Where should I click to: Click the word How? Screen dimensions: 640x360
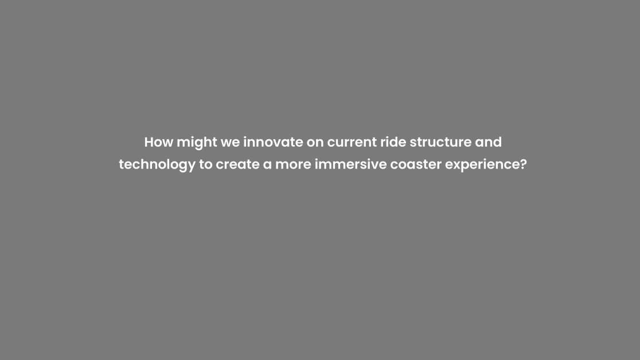(159, 142)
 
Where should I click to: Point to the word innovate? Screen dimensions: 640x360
(274, 142)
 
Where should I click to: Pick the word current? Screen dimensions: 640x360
(352, 143)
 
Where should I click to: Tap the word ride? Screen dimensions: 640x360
(393, 142)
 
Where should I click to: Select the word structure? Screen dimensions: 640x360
(440, 142)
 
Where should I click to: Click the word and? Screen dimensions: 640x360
(488, 142)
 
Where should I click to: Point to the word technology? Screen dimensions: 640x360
(157, 165)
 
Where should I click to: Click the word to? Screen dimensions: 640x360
(206, 165)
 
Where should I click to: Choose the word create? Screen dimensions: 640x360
(237, 165)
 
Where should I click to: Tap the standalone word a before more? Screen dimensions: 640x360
(267, 166)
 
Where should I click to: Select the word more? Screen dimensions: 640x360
(293, 166)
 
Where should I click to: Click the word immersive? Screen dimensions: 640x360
(350, 164)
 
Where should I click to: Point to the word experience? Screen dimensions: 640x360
(482, 165)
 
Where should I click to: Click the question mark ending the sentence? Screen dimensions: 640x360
(524, 164)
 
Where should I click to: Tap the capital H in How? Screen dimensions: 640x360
(149, 142)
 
